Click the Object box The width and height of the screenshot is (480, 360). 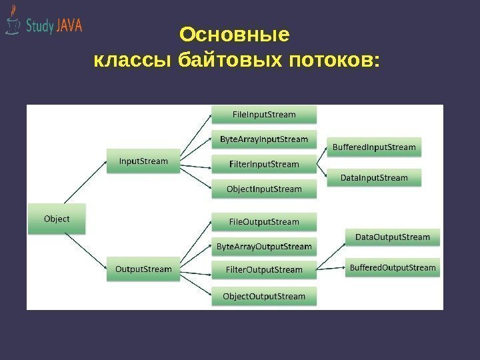tap(57, 219)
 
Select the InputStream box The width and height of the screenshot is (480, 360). tap(143, 161)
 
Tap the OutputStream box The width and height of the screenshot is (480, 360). tap(143, 269)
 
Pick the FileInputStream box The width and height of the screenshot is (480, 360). tap(264, 115)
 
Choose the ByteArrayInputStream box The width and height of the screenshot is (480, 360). tap(264, 139)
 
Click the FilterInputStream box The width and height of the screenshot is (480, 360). tap(264, 164)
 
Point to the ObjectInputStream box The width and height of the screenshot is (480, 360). tap(264, 189)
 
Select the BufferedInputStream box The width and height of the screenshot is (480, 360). tap(374, 147)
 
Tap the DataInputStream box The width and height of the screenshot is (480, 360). tap(374, 178)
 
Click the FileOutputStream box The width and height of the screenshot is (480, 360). tap(264, 221)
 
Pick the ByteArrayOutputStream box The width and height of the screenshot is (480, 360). tap(264, 247)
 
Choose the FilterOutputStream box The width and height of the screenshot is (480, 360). tap(264, 270)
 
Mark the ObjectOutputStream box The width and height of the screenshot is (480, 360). tap(264, 296)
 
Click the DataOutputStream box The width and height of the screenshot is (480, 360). tap(393, 237)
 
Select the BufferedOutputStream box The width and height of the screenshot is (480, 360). tap(393, 268)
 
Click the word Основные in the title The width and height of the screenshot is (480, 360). tap(235, 34)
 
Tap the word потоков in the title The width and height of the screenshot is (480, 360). tap(331, 61)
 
